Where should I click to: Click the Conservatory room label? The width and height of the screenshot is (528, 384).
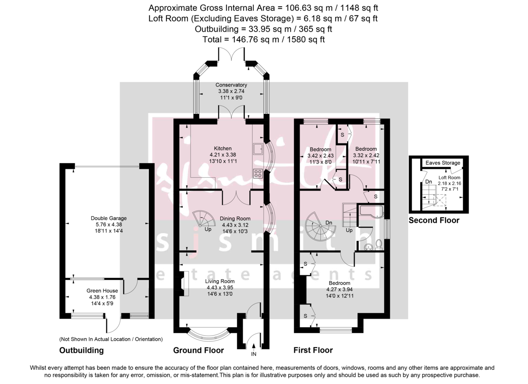[231, 85]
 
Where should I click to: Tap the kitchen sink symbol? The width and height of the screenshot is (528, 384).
[258, 148]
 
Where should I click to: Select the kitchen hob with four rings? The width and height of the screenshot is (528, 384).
[258, 173]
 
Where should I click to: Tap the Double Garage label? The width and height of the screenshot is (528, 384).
[109, 218]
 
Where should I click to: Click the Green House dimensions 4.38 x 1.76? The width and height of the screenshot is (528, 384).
[102, 297]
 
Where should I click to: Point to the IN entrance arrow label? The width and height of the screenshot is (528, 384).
[253, 354]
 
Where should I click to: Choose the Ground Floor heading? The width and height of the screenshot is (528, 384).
[198, 351]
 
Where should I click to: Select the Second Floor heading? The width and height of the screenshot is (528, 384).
[434, 220]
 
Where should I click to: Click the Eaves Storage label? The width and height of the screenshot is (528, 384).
[443, 163]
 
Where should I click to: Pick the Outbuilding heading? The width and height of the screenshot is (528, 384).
[81, 351]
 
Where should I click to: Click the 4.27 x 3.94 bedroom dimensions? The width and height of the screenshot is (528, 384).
[338, 289]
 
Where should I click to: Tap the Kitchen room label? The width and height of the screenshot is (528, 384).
[223, 149]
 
